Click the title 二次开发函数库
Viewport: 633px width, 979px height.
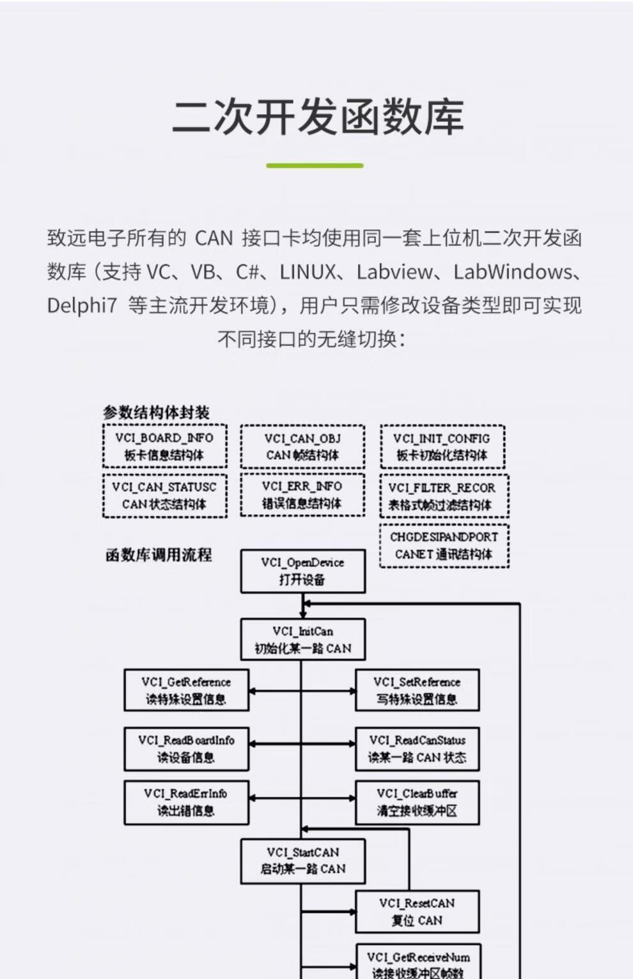[x=317, y=118]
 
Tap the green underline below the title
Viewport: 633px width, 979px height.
[x=315, y=165]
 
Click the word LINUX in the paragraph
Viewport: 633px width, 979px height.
[x=308, y=272]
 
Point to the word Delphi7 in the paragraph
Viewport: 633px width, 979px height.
[x=82, y=305]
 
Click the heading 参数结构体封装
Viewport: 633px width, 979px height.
[x=156, y=412]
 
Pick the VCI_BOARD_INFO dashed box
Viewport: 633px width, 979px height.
[x=164, y=446]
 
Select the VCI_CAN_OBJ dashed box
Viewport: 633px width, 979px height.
[x=302, y=446]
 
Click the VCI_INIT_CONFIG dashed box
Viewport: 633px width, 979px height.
[x=442, y=446]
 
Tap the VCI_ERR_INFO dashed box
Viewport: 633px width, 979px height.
[x=302, y=494]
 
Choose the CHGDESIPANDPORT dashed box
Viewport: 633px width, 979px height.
[x=444, y=545]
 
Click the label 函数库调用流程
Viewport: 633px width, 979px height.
[x=159, y=555]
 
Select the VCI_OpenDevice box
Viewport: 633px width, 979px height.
[x=302, y=571]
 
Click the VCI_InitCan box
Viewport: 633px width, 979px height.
[x=302, y=639]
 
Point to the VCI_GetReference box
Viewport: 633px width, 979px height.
[x=186, y=690]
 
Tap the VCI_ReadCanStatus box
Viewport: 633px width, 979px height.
[x=417, y=748]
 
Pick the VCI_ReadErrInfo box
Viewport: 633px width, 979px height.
[x=186, y=802]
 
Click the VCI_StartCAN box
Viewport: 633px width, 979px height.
[x=302, y=861]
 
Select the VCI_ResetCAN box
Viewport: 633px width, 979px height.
[x=417, y=912]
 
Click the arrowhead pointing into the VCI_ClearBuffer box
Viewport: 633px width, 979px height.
[x=351, y=798]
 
